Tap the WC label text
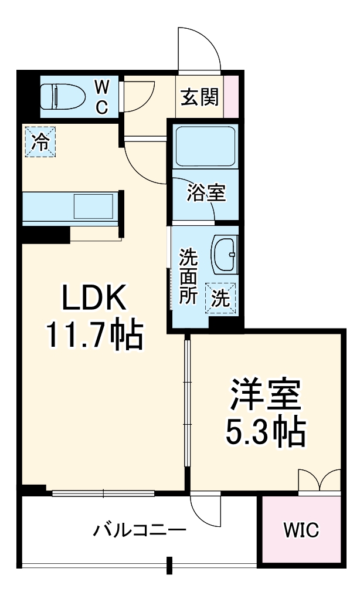(x=102, y=97)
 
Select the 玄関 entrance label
(x=199, y=97)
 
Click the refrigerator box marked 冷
(x=40, y=143)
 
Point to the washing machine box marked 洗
(x=220, y=297)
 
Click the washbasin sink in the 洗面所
(x=224, y=255)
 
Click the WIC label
(x=301, y=532)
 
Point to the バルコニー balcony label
(x=140, y=532)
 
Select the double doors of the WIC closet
(x=320, y=481)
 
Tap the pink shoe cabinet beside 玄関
(x=232, y=97)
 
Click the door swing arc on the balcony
(x=205, y=512)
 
